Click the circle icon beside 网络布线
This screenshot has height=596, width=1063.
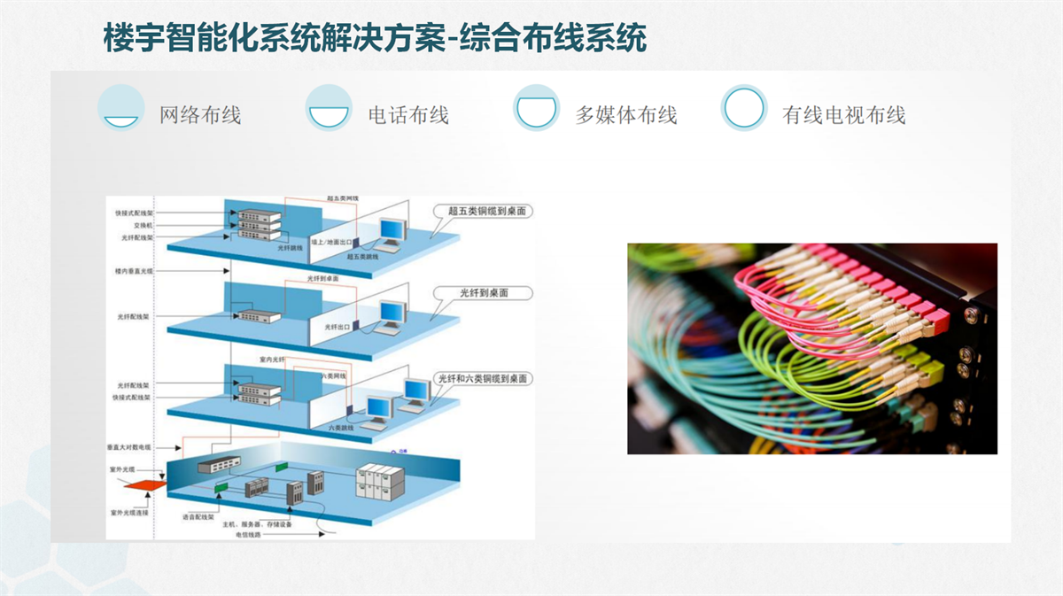120,108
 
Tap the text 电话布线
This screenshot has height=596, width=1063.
408,115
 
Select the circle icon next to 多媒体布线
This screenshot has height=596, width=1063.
537,108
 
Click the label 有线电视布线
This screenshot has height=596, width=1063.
843,115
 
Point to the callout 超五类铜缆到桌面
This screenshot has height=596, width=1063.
486,211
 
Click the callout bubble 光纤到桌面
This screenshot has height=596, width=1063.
484,292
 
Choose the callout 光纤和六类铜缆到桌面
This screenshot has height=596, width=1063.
483,378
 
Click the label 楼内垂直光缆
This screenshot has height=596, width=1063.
134,270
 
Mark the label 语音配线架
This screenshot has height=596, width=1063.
199,516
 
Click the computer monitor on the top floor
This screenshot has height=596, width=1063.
391,229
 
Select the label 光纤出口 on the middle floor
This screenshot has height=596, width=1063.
337,327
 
